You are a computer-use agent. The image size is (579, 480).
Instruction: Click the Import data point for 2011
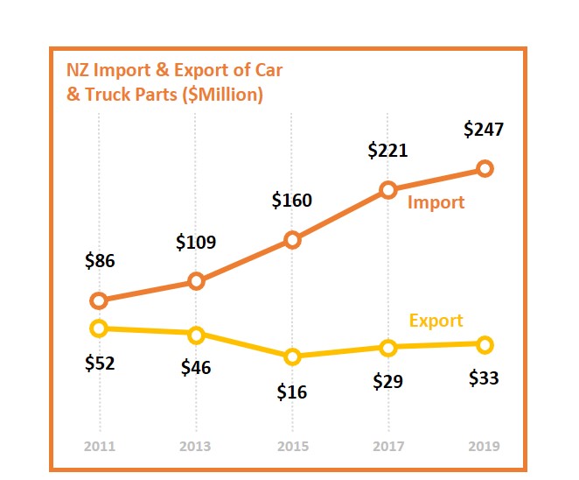[99, 300]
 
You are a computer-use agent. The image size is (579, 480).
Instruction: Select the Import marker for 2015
[292, 240]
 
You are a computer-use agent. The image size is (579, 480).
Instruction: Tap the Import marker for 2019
[485, 168]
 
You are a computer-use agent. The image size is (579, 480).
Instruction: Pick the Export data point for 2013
[196, 334]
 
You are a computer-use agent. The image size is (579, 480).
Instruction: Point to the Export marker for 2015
[292, 356]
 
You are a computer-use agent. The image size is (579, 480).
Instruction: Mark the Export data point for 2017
[389, 347]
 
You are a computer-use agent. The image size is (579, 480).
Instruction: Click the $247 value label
[485, 130]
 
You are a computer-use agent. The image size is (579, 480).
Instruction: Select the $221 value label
[387, 151]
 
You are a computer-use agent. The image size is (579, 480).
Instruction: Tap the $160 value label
[291, 201]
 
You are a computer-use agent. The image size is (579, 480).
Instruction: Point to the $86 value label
[100, 260]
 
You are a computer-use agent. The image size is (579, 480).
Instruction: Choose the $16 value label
[292, 392]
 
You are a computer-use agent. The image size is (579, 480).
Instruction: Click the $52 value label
[100, 364]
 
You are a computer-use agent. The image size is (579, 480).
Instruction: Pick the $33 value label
[484, 378]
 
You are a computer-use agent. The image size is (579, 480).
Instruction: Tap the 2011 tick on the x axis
[99, 446]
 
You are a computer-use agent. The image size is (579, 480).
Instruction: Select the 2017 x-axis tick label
[388, 446]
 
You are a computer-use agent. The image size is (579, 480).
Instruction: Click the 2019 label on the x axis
[485, 446]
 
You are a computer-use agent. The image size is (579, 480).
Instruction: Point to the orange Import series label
[436, 202]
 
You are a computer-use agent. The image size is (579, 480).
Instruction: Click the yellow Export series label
[436, 321]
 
